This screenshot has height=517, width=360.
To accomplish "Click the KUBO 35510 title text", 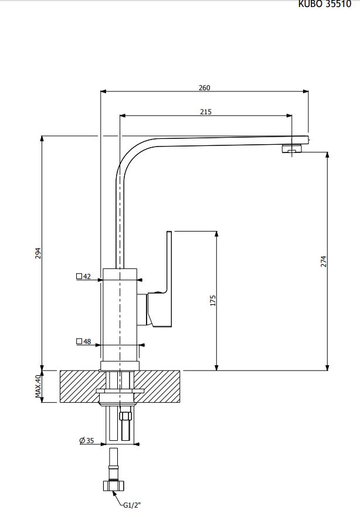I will click(x=329, y=4).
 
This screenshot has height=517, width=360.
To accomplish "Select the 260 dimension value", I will click(x=204, y=87).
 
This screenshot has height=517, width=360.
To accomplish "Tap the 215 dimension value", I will click(x=205, y=111).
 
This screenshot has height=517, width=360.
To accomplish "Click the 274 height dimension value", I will click(x=323, y=261).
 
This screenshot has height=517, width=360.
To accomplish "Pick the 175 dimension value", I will click(x=213, y=300).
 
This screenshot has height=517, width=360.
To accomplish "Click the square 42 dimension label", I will click(x=84, y=277).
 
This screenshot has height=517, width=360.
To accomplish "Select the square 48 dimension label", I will click(x=84, y=341).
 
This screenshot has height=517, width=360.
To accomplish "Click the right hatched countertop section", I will click(x=161, y=386).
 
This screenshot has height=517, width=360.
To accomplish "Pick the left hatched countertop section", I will click(x=79, y=386).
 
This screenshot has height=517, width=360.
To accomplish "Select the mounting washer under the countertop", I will click(x=120, y=391).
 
